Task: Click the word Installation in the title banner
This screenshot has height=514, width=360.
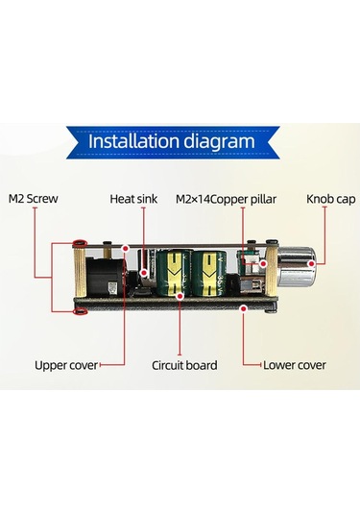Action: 134,142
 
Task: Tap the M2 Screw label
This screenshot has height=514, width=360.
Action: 34,200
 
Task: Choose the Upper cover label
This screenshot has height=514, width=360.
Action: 64,364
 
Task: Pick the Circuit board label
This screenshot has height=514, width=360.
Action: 184,364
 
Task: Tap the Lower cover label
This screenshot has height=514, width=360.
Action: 296,364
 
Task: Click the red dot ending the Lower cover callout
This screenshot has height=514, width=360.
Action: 245,307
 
